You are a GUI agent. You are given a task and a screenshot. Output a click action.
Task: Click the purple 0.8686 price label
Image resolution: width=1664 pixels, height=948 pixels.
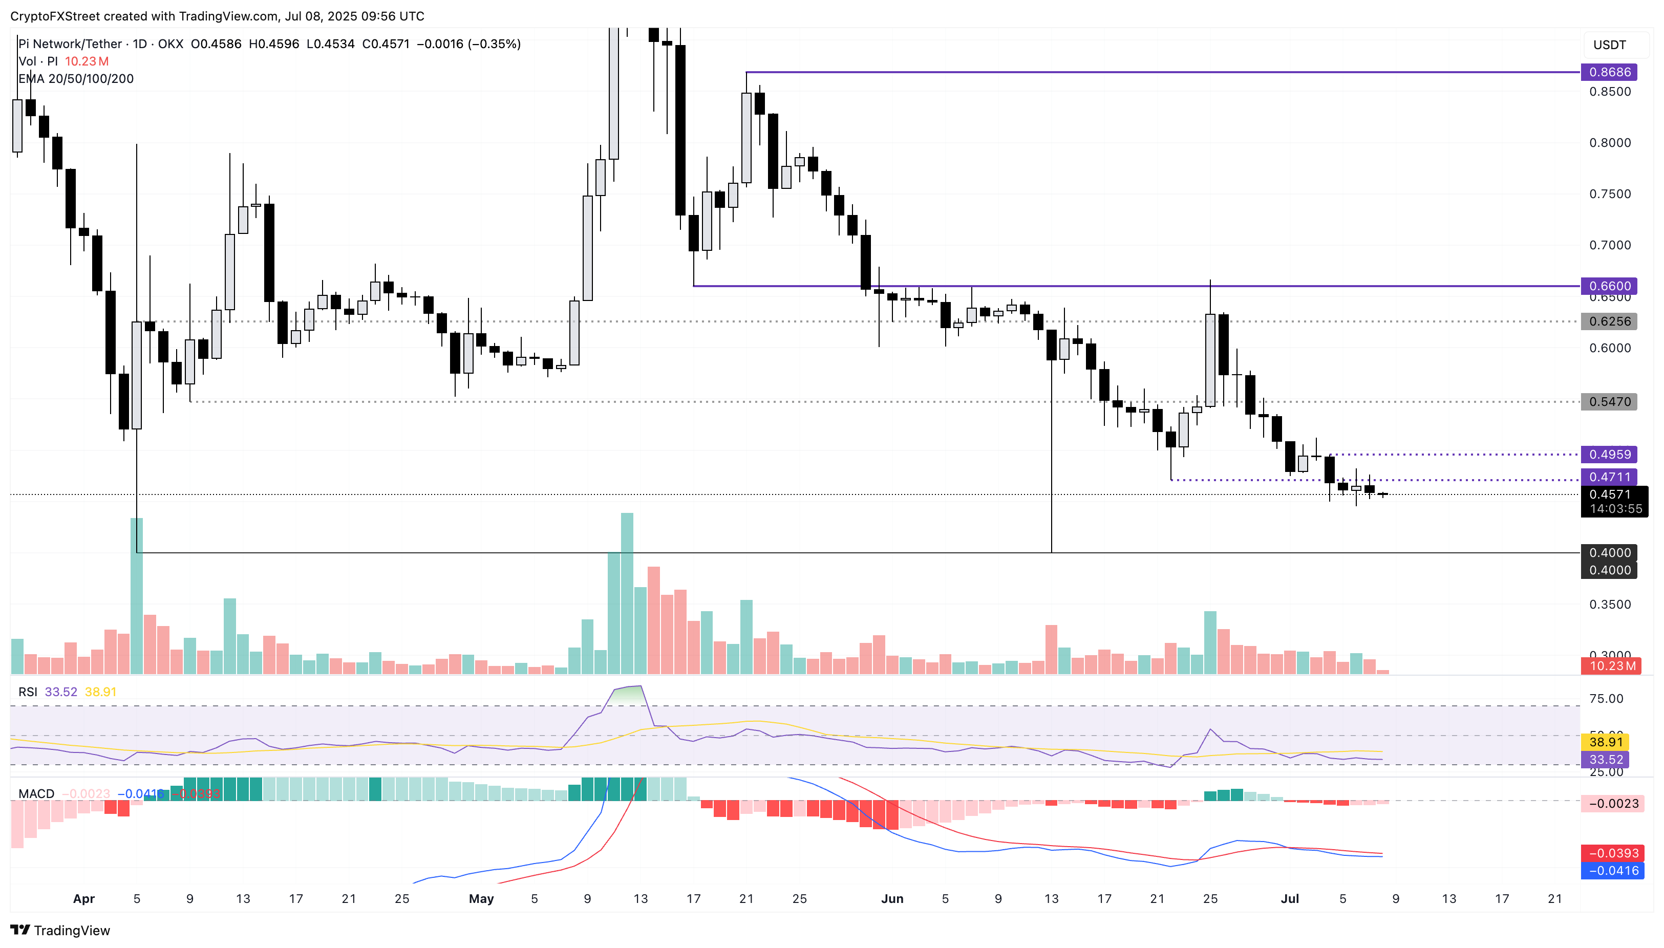[x=1609, y=72]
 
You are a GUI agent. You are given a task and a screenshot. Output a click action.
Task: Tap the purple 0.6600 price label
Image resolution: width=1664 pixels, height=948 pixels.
[x=1609, y=286]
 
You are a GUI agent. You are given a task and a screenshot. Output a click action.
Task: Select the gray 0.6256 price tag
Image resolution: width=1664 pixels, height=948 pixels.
[x=1609, y=321]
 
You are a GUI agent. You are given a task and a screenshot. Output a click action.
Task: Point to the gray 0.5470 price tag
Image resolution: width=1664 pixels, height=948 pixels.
[x=1609, y=402]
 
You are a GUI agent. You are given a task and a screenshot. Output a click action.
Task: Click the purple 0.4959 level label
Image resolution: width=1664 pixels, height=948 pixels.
[x=1609, y=455]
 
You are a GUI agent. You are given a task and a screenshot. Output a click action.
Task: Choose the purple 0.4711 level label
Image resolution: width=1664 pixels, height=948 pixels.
[x=1609, y=477]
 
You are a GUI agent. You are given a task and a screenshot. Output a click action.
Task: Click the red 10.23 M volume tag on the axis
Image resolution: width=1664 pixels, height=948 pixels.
[x=1612, y=666]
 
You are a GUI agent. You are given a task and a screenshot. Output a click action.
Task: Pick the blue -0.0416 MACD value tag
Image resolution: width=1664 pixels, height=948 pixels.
[x=1612, y=871]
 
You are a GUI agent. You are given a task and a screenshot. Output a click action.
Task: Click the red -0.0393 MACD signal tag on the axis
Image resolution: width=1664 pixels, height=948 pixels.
[x=1612, y=853]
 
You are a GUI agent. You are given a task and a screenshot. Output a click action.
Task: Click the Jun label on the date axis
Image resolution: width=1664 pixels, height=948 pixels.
[x=891, y=898]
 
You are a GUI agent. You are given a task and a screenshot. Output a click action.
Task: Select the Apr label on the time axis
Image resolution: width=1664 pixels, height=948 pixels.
[x=83, y=898]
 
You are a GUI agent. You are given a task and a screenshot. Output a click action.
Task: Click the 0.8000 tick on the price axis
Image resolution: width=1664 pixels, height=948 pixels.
[x=1609, y=143]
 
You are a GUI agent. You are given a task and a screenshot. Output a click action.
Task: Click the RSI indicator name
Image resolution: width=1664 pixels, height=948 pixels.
[x=27, y=692]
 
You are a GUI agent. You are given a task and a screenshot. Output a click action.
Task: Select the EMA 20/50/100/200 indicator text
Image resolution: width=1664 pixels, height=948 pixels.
[x=76, y=79]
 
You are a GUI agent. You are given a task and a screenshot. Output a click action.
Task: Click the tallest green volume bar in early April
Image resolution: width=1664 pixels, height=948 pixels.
[x=137, y=596]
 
